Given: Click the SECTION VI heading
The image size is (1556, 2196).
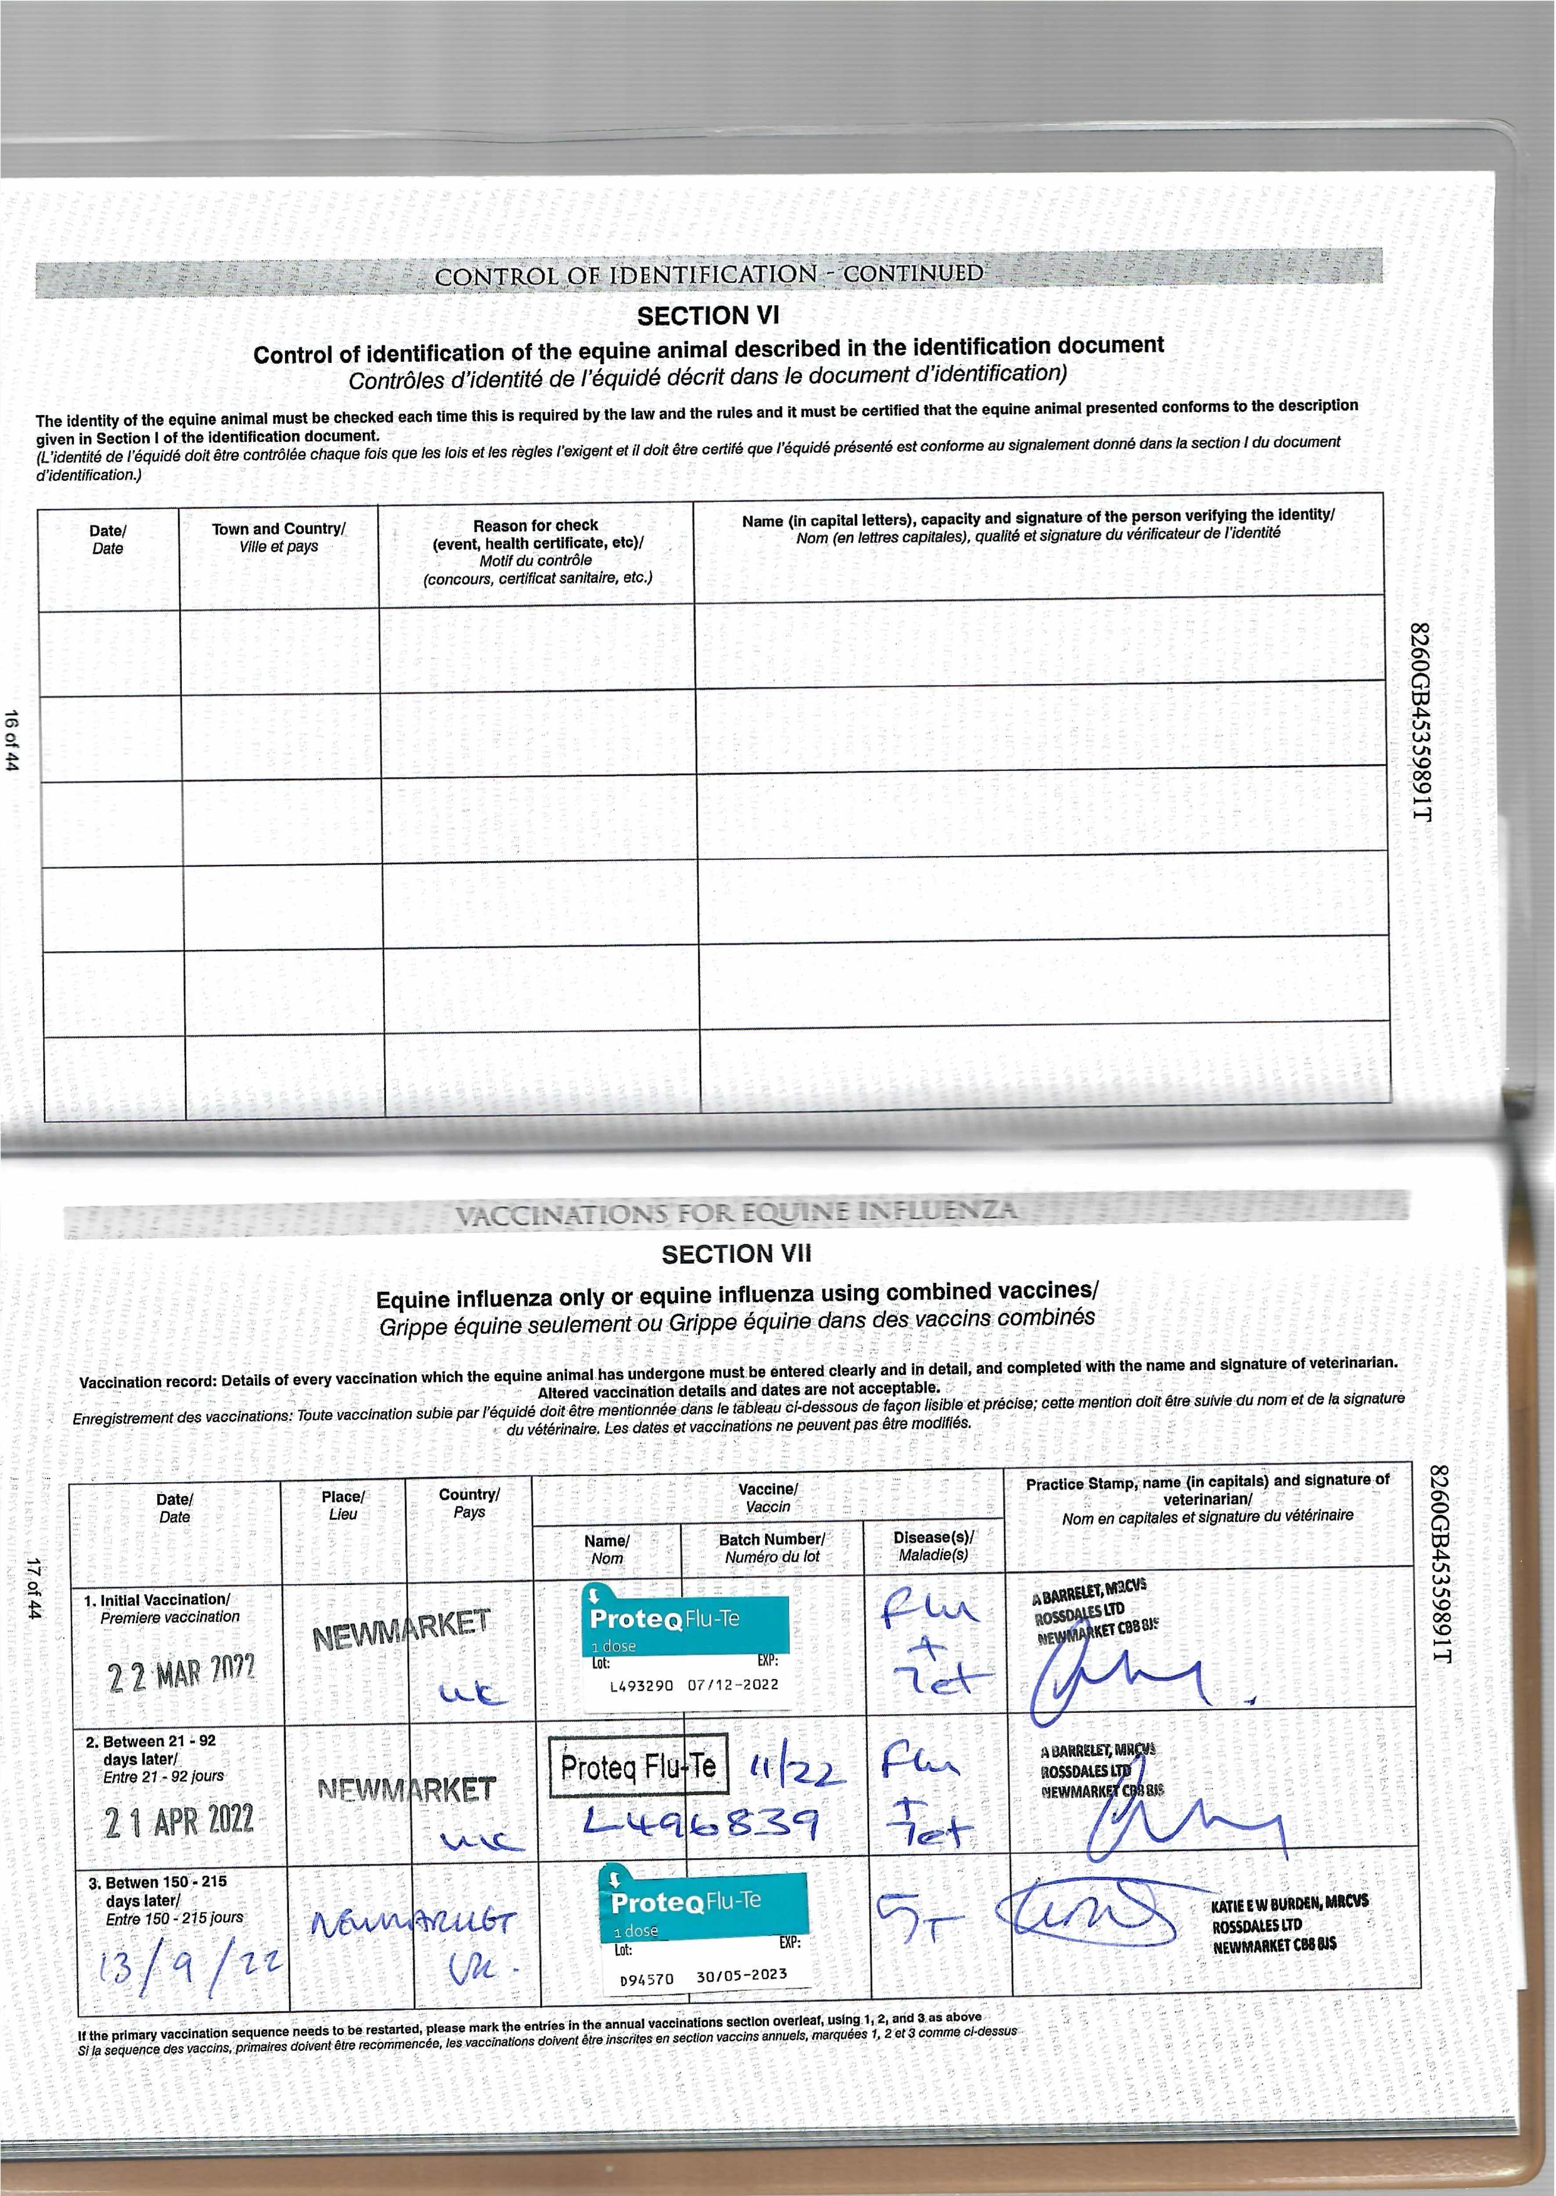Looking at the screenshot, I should coord(708,315).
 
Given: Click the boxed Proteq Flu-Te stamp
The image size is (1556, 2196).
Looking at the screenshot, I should coord(638,1766).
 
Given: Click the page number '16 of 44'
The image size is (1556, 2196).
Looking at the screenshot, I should coord(12,740).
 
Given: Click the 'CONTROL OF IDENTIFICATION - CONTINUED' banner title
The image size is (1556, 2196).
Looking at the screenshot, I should coord(709,275).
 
